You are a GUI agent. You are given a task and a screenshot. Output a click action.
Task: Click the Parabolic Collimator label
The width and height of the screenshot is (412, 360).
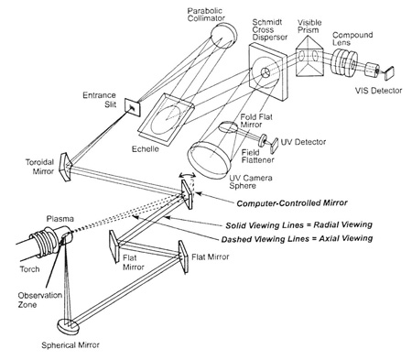coord(206,15)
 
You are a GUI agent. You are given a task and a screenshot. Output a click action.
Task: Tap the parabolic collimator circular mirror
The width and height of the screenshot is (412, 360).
coord(223,35)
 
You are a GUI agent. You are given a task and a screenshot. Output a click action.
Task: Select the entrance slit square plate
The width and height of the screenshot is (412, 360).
coord(133,107)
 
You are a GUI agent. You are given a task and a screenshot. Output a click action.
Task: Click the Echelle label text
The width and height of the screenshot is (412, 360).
coord(146,149)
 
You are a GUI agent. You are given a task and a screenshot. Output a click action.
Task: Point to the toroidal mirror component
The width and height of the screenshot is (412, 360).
coord(66,167)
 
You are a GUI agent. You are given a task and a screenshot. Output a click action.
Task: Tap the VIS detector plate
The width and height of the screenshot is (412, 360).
coord(389,73)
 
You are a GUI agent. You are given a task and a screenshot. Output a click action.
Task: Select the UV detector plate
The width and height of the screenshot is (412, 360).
coord(274,146)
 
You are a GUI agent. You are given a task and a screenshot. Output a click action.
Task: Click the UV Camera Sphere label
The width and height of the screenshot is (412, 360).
coord(251,181)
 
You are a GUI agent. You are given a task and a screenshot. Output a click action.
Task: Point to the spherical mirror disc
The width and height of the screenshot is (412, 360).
coord(69,327)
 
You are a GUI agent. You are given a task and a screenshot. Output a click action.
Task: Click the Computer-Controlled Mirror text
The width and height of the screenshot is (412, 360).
coord(292,203)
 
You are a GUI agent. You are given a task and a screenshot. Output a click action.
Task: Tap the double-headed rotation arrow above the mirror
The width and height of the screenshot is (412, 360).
coord(188,175)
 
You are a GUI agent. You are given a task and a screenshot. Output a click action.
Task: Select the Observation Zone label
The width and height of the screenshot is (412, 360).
coord(39,300)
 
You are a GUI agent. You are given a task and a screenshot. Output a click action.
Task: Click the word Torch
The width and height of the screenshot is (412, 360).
coord(29,269)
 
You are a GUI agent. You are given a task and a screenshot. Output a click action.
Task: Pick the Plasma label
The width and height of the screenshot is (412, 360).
coord(60,219)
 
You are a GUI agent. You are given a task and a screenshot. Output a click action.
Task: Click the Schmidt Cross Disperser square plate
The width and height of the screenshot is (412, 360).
coord(267,72)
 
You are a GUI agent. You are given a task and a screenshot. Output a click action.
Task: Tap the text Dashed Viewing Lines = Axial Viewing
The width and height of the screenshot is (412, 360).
coord(297,239)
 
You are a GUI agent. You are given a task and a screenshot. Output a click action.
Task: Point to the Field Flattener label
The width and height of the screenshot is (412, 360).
coord(258,156)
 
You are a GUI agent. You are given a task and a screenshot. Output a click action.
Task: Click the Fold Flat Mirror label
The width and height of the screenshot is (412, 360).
coord(255,121)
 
